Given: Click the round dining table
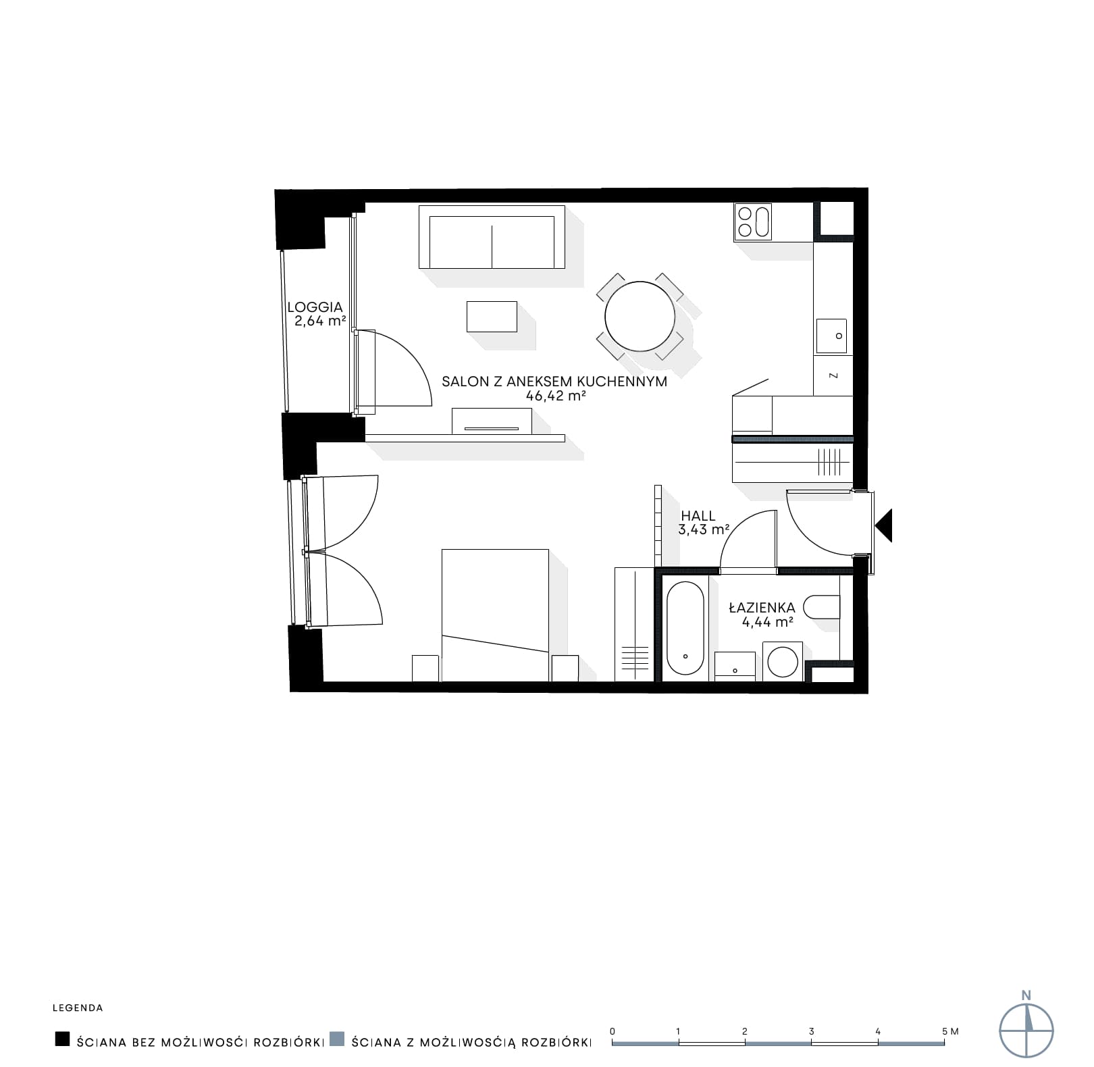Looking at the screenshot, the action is pyautogui.click(x=640, y=316).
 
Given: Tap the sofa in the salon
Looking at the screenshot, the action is pyautogui.click(x=492, y=237).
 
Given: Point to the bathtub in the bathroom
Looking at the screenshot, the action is pyautogui.click(x=685, y=628).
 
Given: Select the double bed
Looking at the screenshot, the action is pyautogui.click(x=495, y=615).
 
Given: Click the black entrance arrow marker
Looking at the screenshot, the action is pyautogui.click(x=883, y=525).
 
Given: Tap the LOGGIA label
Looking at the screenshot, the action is pyautogui.click(x=315, y=307).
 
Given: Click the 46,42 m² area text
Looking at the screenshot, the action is pyautogui.click(x=555, y=396).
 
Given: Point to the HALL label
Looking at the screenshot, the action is pyautogui.click(x=698, y=516).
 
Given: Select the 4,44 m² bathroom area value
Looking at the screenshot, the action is pyautogui.click(x=767, y=622).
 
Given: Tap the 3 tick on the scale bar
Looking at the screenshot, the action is pyautogui.click(x=811, y=1031).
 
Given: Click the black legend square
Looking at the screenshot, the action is pyautogui.click(x=63, y=1039).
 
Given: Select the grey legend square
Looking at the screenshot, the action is pyautogui.click(x=337, y=1039).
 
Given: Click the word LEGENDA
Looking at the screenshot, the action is pyautogui.click(x=78, y=1008).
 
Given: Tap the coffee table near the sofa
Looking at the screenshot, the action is pyautogui.click(x=492, y=317).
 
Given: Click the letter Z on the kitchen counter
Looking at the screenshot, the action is pyautogui.click(x=833, y=375).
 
